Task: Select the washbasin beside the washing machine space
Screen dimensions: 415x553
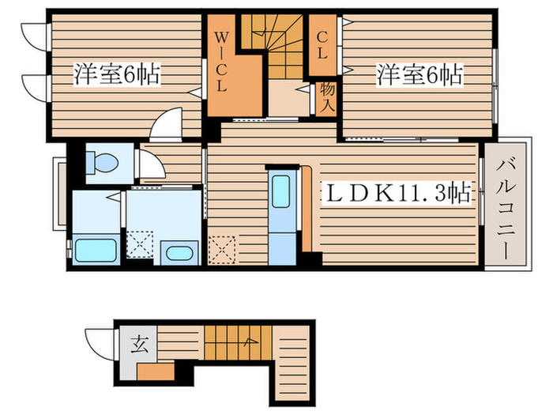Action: point(178,253)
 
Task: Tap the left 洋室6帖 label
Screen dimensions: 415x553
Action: point(116,76)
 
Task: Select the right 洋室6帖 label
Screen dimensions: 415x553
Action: point(419,76)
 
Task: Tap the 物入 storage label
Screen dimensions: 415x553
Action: point(327,96)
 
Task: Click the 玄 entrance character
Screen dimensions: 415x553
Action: point(140,345)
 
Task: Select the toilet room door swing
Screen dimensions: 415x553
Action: point(150,164)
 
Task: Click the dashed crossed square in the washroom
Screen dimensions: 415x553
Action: point(141,244)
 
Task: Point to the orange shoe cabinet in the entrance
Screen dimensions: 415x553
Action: point(155,372)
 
